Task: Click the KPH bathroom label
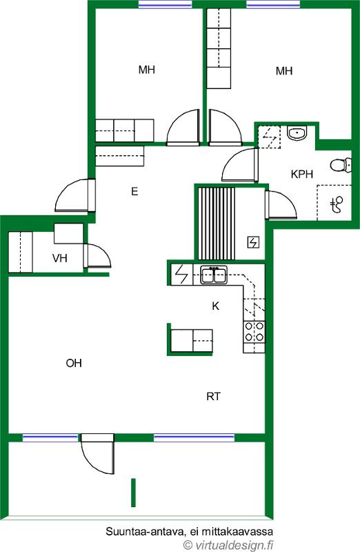coord(302,174)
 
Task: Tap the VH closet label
coord(60,258)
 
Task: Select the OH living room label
coord(74,363)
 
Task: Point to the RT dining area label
coord(213,397)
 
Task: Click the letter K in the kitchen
coord(215,306)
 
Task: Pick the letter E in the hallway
coord(134,192)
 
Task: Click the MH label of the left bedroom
coord(146,70)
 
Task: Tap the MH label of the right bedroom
coord(284,71)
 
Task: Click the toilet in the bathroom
coord(341,165)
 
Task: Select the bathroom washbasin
coord(297,133)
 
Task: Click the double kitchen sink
coord(214,275)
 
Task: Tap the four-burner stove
coord(254,332)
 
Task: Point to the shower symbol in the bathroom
coord(337,204)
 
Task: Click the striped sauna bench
coord(217,224)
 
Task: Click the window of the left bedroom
coord(165,4)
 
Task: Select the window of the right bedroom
coord(273,4)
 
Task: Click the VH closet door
coord(97,257)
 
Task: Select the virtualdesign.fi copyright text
coord(229,545)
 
